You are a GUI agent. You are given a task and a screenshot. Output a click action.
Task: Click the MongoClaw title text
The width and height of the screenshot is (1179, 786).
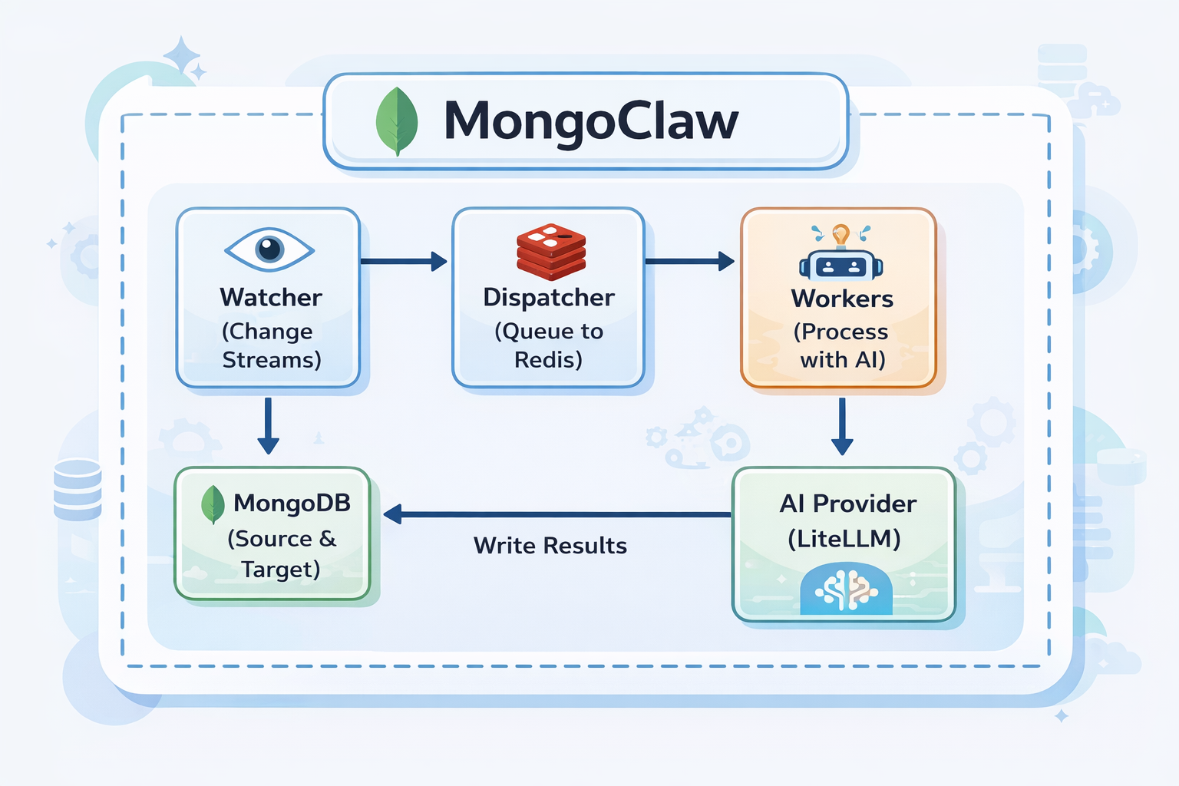click(590, 121)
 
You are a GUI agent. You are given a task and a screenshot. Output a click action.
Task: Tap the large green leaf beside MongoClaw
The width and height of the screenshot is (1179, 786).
click(397, 121)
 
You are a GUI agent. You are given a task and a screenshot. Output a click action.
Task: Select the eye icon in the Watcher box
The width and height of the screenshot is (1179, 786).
click(269, 249)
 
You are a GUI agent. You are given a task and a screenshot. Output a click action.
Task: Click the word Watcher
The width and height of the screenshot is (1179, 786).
click(271, 297)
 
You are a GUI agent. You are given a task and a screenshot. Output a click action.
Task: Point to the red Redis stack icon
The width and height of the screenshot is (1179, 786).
click(551, 251)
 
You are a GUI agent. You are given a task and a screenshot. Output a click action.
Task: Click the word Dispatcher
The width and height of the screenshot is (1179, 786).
click(549, 297)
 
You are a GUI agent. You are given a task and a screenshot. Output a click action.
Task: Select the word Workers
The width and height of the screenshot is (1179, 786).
click(842, 298)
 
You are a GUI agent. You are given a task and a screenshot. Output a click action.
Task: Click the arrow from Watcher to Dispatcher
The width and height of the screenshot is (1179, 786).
click(404, 262)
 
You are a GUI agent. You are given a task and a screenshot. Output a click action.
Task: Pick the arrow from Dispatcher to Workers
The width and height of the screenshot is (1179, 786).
click(689, 262)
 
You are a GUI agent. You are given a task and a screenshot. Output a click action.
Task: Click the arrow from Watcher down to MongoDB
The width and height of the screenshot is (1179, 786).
click(268, 426)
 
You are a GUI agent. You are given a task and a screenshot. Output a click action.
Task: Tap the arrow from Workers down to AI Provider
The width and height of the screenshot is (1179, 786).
click(842, 426)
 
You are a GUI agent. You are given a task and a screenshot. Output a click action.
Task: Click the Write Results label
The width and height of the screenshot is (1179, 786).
click(550, 546)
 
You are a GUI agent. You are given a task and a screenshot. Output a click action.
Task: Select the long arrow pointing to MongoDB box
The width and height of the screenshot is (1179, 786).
click(556, 514)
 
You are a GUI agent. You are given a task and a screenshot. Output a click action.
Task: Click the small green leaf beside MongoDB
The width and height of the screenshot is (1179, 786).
click(213, 504)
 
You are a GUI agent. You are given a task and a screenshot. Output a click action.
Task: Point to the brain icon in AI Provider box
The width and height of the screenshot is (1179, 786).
click(846, 590)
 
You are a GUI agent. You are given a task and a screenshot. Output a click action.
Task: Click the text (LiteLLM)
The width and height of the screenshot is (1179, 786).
click(844, 539)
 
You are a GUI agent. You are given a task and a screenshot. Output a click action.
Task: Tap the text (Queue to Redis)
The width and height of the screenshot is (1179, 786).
click(549, 345)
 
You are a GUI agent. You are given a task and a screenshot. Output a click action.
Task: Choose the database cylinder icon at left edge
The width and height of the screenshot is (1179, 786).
click(78, 489)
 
